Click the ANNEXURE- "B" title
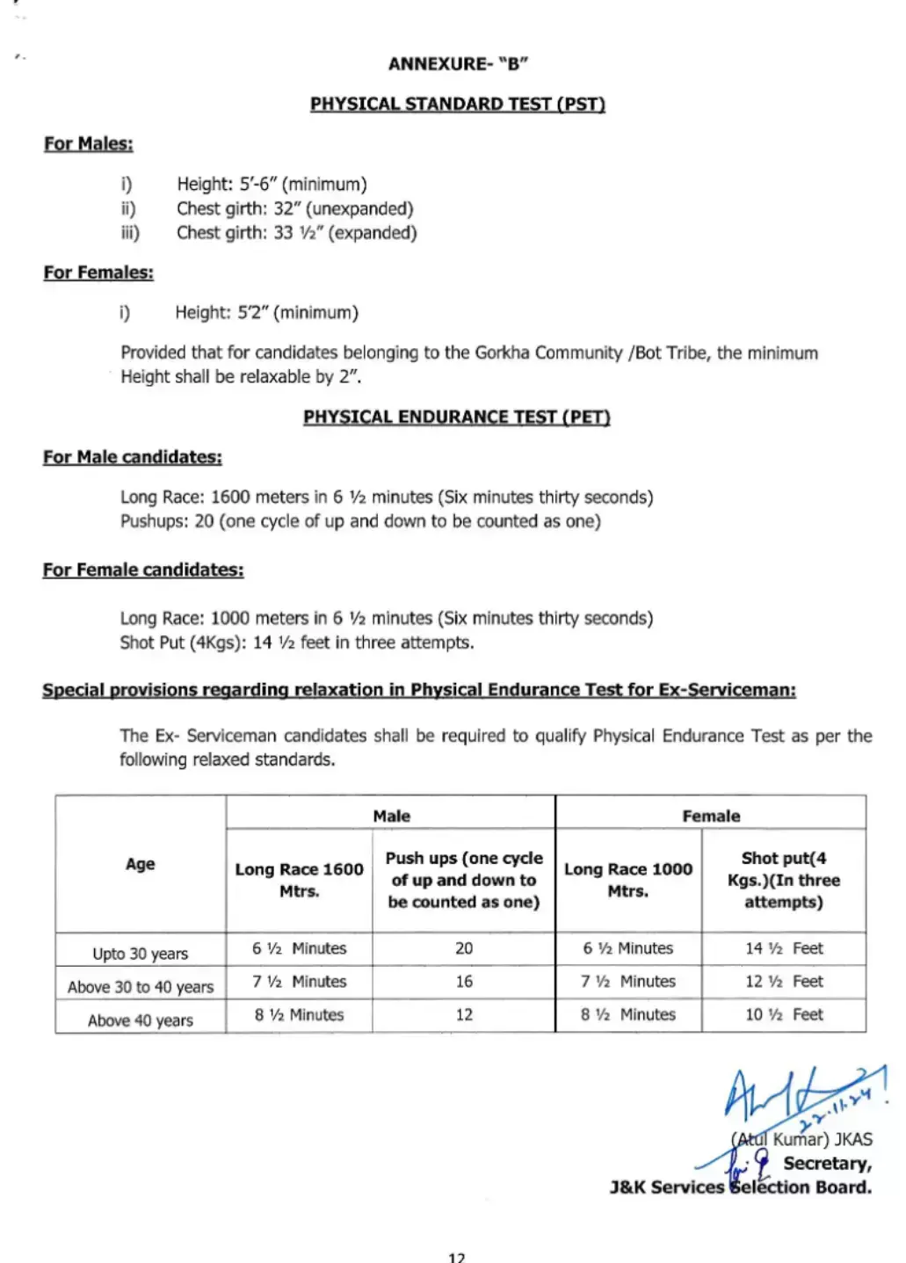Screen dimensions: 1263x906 458,64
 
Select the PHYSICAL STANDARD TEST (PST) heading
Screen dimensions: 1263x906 457,104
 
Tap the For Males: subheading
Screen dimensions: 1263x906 89,143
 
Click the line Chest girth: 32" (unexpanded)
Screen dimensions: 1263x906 294,208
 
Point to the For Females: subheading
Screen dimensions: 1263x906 98,272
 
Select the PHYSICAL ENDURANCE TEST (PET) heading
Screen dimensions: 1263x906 456,417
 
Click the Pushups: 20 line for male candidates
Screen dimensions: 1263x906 360,521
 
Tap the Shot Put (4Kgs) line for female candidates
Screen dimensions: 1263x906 297,642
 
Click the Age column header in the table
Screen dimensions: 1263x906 141,864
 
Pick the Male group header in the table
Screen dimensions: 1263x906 391,816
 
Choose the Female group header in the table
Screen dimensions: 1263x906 711,816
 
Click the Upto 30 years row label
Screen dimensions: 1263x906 141,954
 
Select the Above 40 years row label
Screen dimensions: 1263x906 141,1020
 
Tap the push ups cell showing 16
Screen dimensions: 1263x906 464,982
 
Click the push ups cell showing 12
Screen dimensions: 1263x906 464,1015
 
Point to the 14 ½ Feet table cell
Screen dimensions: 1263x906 784,948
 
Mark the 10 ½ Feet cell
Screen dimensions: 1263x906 784,1015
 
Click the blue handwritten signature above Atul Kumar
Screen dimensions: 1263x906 791,1099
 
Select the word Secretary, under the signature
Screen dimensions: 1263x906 827,1164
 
